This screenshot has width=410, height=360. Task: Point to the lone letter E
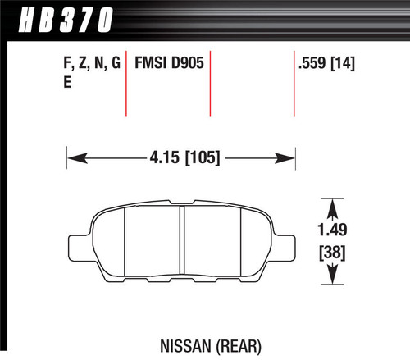pyautogui.click(x=66, y=81)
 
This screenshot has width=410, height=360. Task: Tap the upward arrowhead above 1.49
pyautogui.click(x=332, y=205)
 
